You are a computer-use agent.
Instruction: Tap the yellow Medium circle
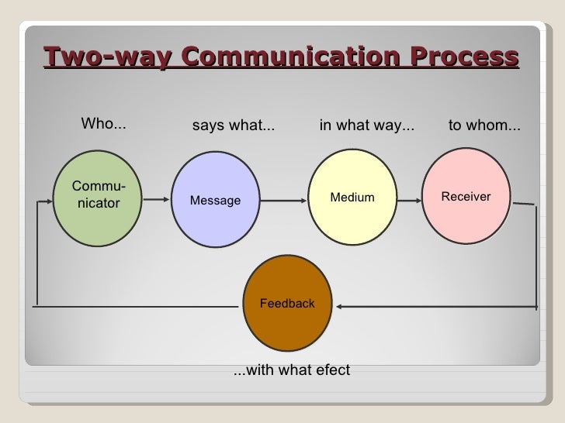coord(352,198)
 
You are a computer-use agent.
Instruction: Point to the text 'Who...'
coord(105,125)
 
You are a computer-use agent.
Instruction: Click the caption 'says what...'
coord(233,126)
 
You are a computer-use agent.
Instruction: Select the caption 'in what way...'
coord(367,126)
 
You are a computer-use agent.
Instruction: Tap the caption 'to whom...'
coord(485,126)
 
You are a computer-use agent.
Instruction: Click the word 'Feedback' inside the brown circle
coord(287,304)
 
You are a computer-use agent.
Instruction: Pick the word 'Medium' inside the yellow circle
coord(352,198)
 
